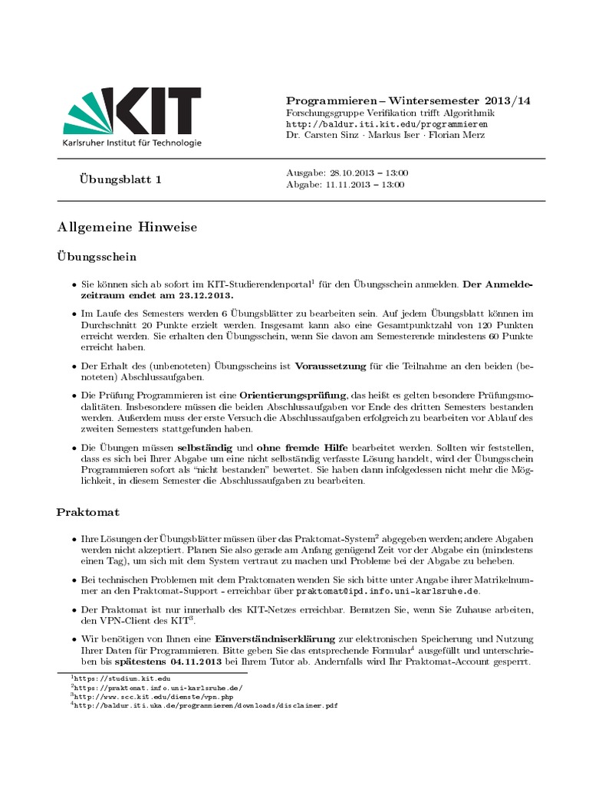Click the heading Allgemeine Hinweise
click(127, 227)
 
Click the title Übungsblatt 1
click(120, 179)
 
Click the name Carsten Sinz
click(330, 135)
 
